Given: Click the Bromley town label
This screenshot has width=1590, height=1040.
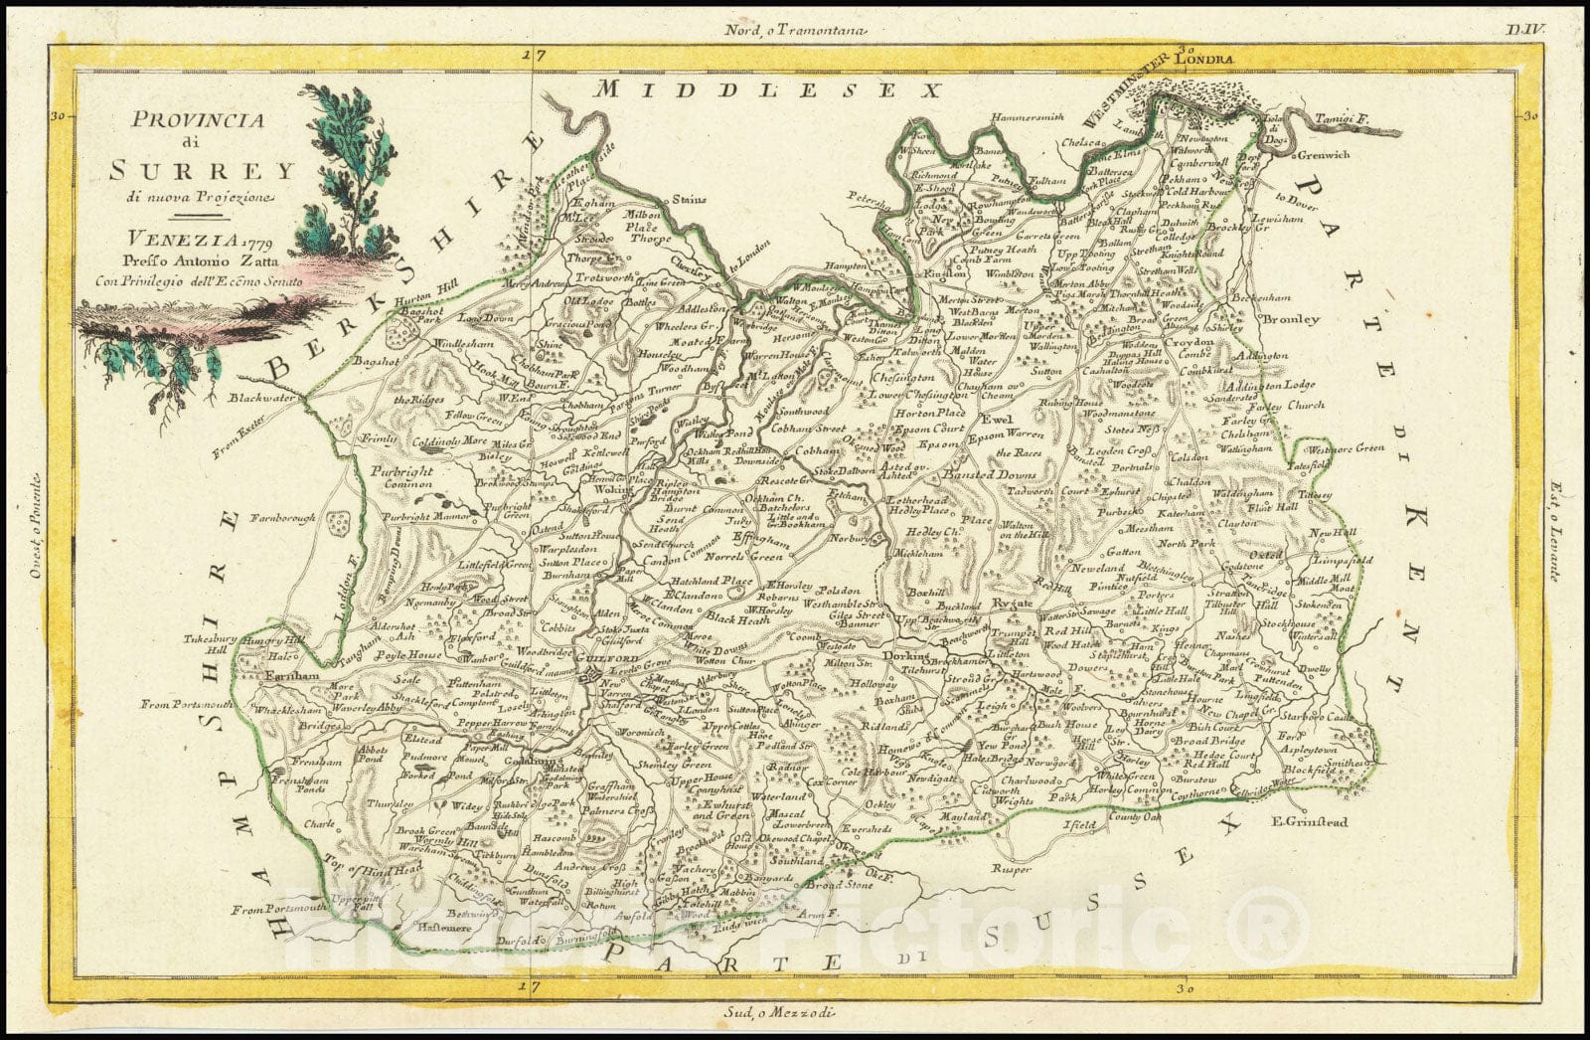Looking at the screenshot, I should click(x=1290, y=320).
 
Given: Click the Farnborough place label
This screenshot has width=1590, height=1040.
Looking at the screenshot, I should click(x=282, y=518).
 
